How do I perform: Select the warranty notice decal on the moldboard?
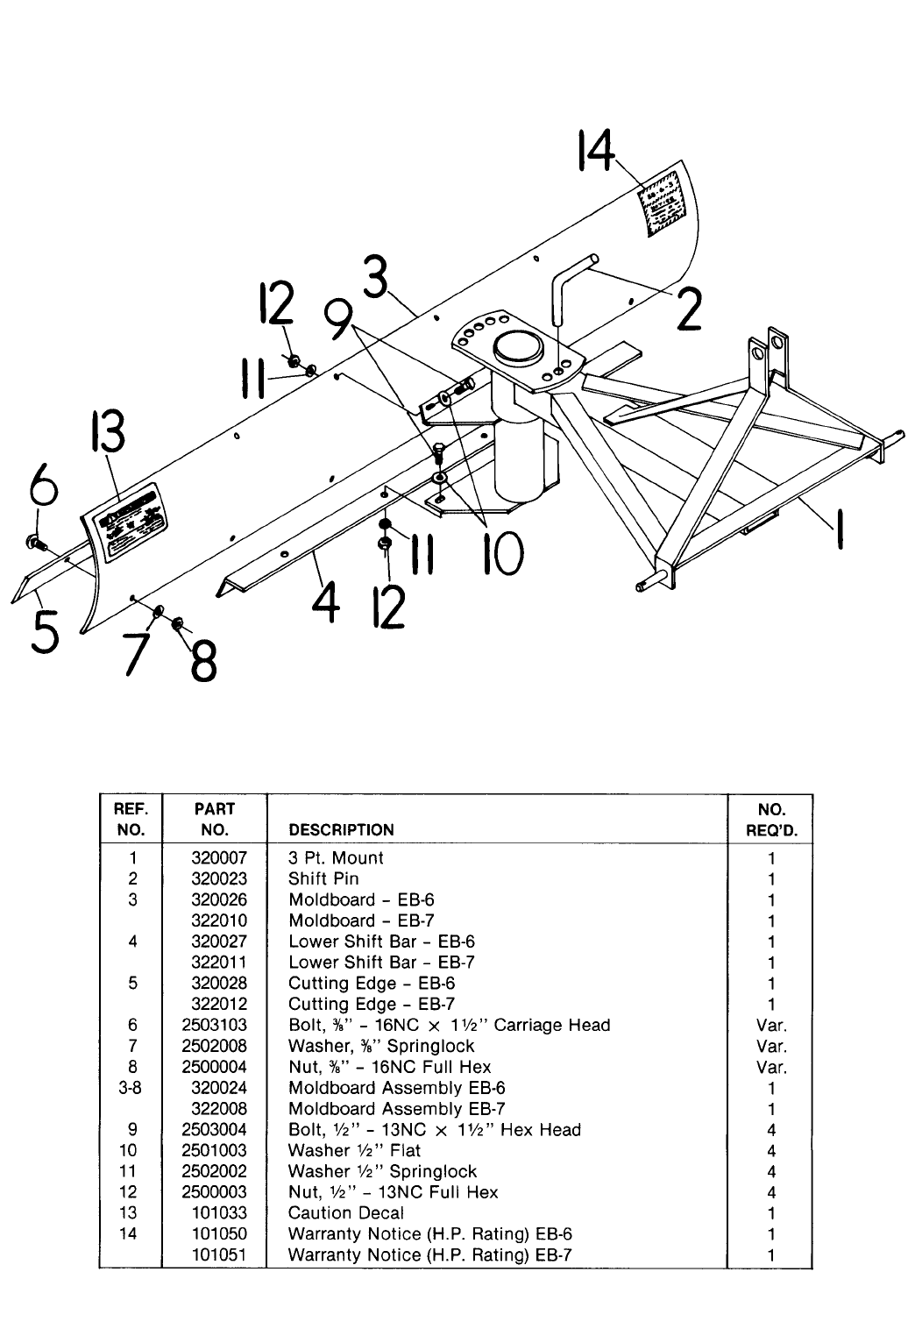[663, 204]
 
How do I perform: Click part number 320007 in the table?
[219, 858]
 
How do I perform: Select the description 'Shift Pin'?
[323, 879]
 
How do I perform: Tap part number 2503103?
[215, 1025]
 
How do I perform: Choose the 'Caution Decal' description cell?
[346, 1213]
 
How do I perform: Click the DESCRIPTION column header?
[341, 829]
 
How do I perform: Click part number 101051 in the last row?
[219, 1254]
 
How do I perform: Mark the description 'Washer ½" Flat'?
[354, 1150]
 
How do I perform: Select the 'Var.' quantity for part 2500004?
[771, 1067]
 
